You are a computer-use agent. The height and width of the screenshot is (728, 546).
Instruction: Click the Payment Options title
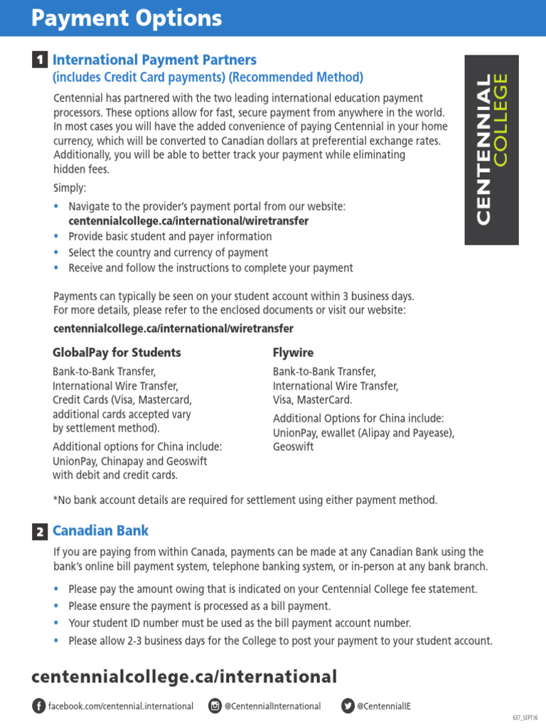coord(127,18)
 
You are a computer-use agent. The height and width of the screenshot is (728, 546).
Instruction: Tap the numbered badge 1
coord(41,60)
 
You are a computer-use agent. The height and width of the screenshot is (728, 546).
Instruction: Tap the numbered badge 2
coord(41,532)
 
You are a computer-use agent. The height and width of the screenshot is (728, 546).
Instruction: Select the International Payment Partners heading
coord(154,60)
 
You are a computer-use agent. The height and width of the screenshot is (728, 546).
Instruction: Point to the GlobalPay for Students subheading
coord(117,353)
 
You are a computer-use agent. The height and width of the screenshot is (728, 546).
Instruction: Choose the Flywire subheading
coord(293,353)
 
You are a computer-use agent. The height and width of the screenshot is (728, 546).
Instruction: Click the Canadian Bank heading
coord(100,531)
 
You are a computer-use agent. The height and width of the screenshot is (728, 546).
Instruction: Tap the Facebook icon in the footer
coord(38,706)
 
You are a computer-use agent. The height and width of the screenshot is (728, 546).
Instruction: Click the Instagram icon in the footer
coord(215,706)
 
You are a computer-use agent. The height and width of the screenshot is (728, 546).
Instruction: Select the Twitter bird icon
coord(348,706)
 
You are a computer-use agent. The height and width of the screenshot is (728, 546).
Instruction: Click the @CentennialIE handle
coord(384,706)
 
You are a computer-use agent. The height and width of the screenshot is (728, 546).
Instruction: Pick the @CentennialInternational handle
coord(272,706)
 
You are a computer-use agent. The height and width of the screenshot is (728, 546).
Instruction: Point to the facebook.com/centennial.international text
coord(120,706)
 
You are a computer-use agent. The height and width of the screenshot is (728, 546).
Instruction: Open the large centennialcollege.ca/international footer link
coord(184,676)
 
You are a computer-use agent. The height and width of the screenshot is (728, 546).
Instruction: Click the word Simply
coord(70,188)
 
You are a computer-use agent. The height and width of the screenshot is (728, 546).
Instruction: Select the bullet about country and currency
coord(168,252)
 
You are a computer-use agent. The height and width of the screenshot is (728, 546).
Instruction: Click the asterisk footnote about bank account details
coord(245,500)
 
